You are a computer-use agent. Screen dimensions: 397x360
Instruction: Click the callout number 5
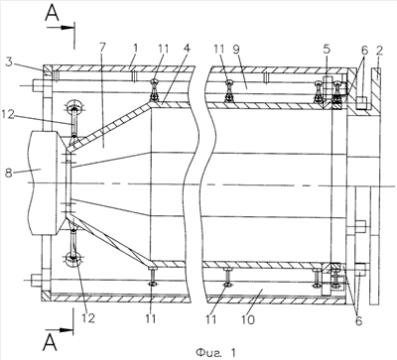point(328,50)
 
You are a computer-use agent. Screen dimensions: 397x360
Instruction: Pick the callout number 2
point(379,51)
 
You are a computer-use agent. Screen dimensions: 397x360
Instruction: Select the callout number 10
point(248,319)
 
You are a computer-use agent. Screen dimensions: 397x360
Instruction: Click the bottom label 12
point(87,317)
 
